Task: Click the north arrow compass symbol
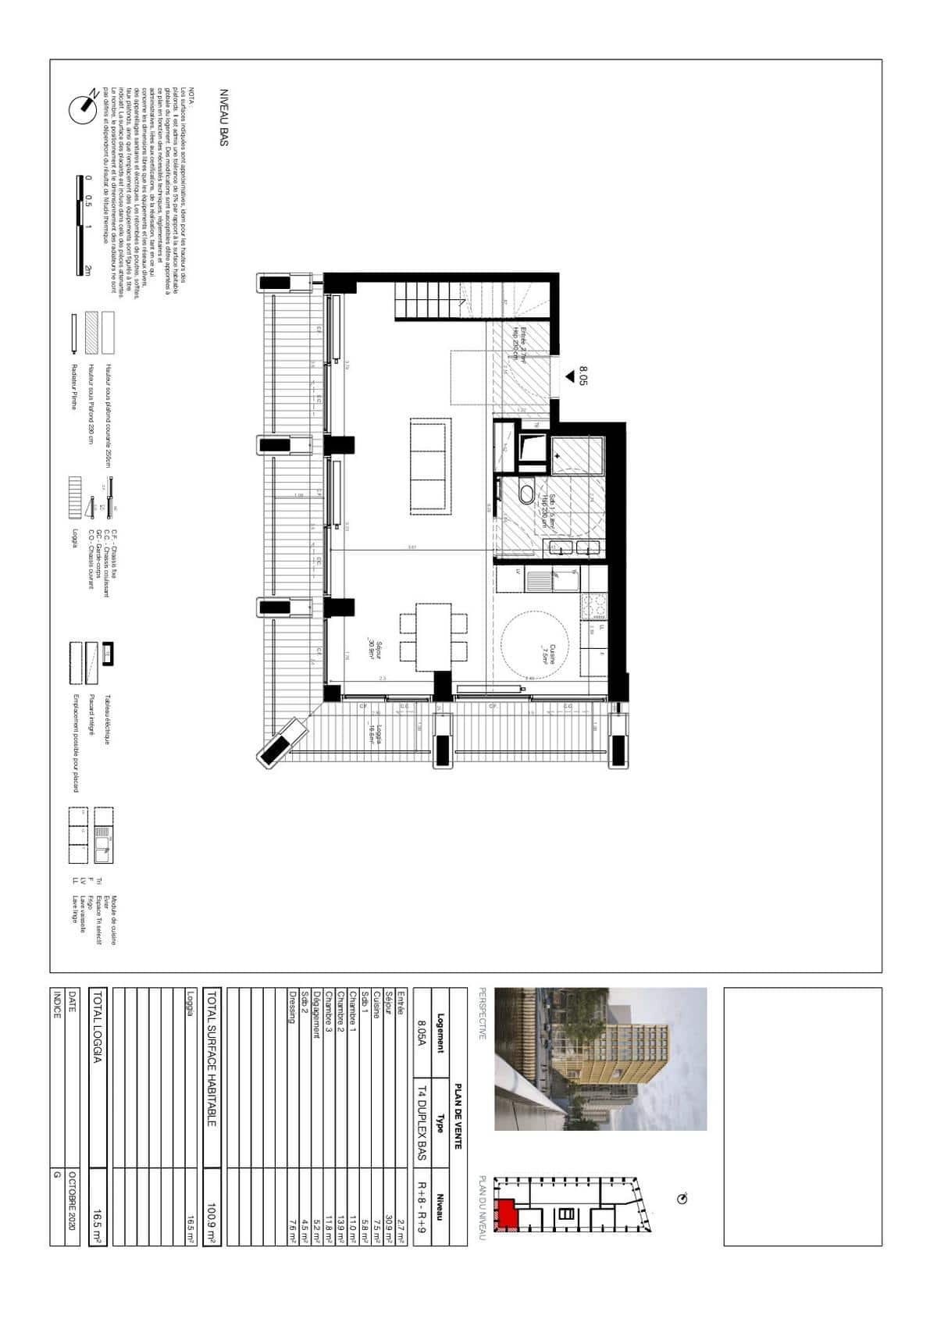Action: coord(84,108)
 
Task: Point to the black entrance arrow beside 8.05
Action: coord(570,377)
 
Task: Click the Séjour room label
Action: coord(374,650)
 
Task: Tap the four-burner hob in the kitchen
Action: coord(593,604)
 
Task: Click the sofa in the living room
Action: coord(429,467)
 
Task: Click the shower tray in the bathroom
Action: coord(578,455)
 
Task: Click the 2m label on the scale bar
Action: coord(88,270)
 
